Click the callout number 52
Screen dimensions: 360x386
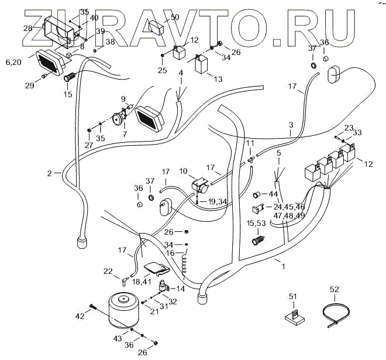pyautogui.click(x=334, y=289)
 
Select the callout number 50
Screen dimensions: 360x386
pyautogui.click(x=174, y=17)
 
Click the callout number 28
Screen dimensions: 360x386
pyautogui.click(x=27, y=28)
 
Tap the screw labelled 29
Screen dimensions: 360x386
pyautogui.click(x=44, y=76)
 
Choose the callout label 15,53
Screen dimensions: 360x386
pyautogui.click(x=256, y=224)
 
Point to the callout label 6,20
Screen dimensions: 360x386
pyautogui.click(x=13, y=61)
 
